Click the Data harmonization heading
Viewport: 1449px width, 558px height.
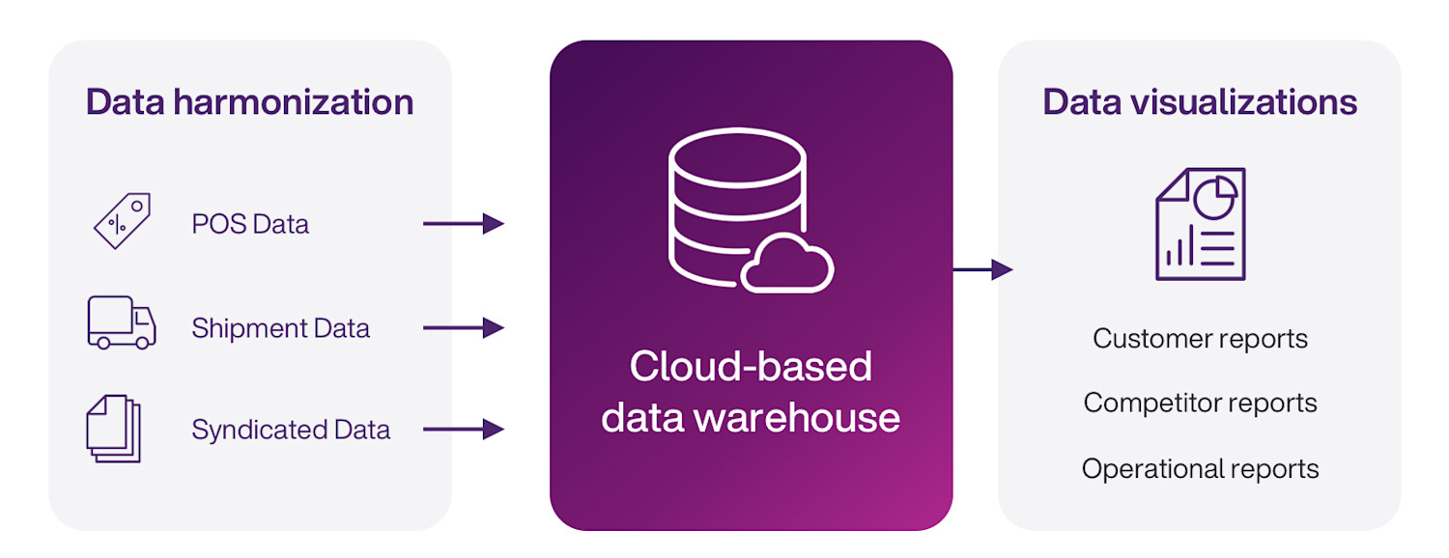[x=249, y=102]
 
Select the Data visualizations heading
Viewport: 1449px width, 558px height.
[x=1200, y=102]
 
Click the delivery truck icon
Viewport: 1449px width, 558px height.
[x=121, y=322]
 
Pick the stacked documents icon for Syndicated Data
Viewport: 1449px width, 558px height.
[x=114, y=428]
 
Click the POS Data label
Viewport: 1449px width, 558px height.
[x=250, y=225]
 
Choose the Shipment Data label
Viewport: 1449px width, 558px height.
[x=280, y=328]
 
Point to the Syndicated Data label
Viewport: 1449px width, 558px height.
[x=291, y=430]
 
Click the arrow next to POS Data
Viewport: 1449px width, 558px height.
[x=464, y=224]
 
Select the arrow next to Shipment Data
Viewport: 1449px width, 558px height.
[x=464, y=328]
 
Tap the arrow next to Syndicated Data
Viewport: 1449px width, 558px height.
[x=464, y=429]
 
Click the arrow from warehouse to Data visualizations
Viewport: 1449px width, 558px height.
[x=983, y=269]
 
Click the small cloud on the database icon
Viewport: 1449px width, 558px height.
[x=787, y=264]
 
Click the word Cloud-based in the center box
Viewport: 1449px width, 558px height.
[x=751, y=367]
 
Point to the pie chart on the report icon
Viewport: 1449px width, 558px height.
[x=1215, y=197]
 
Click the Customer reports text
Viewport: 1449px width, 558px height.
[x=1200, y=339]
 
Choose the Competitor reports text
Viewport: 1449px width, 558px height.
[x=1200, y=403]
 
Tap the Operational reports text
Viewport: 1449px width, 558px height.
[x=1200, y=469]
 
